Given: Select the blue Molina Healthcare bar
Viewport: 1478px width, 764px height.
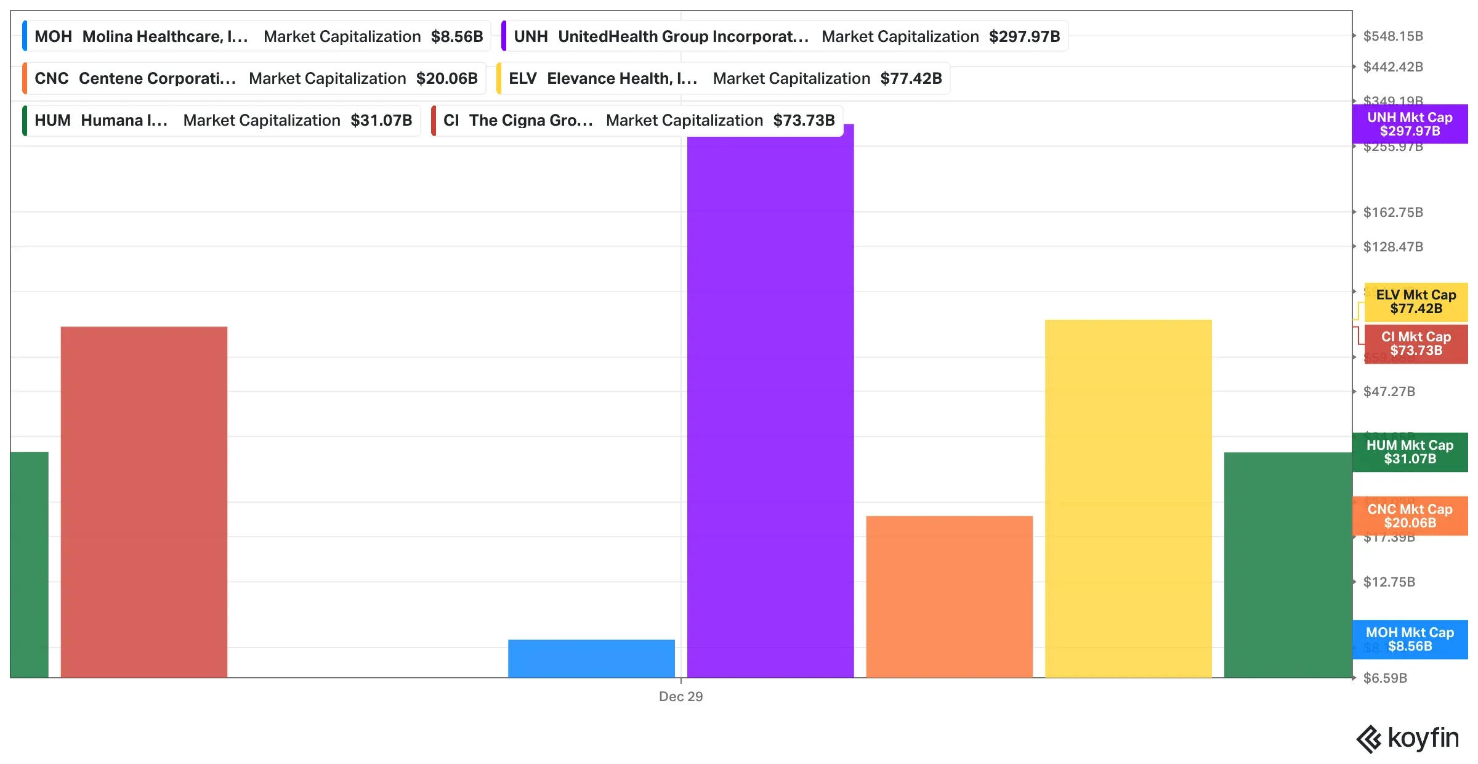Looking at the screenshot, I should point(591,658).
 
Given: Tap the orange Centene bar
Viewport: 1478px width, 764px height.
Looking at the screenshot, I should point(949,596).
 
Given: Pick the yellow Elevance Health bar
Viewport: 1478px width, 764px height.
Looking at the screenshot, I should point(1128,498).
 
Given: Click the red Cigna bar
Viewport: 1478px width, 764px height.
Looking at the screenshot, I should point(143,502).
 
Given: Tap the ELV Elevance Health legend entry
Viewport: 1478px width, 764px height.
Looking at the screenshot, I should point(724,78).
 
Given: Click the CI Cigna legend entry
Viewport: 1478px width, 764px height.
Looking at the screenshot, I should point(638,120).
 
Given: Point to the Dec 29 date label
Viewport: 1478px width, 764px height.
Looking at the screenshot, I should point(680,696).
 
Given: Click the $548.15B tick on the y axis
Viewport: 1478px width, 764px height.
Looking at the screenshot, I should point(1393,36).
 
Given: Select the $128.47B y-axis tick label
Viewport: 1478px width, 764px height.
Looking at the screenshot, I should point(1393,247).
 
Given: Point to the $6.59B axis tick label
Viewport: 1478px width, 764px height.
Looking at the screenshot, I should point(1385,678).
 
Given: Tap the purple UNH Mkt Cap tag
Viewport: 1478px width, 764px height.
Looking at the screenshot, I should point(1410,124).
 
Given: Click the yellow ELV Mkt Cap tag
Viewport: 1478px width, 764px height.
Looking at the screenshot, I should point(1416,302).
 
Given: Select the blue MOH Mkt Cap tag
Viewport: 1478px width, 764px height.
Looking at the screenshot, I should point(1410,640).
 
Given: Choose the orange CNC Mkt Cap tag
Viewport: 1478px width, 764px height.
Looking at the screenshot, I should point(1410,516).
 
